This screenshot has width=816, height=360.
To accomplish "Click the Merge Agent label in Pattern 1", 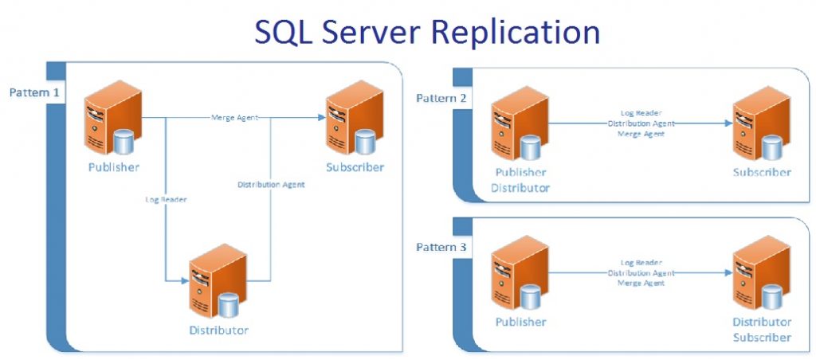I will (233, 118).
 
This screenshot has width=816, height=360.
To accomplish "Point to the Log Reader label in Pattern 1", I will (166, 200).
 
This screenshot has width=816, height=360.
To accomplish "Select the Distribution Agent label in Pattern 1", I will (271, 185).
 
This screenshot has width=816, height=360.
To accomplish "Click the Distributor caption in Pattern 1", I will (218, 330).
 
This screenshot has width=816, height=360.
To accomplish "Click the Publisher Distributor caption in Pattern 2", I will (520, 180).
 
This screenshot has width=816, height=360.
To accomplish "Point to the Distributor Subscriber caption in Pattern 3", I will (762, 330).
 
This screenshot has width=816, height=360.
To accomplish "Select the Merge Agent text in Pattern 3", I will (641, 283).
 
